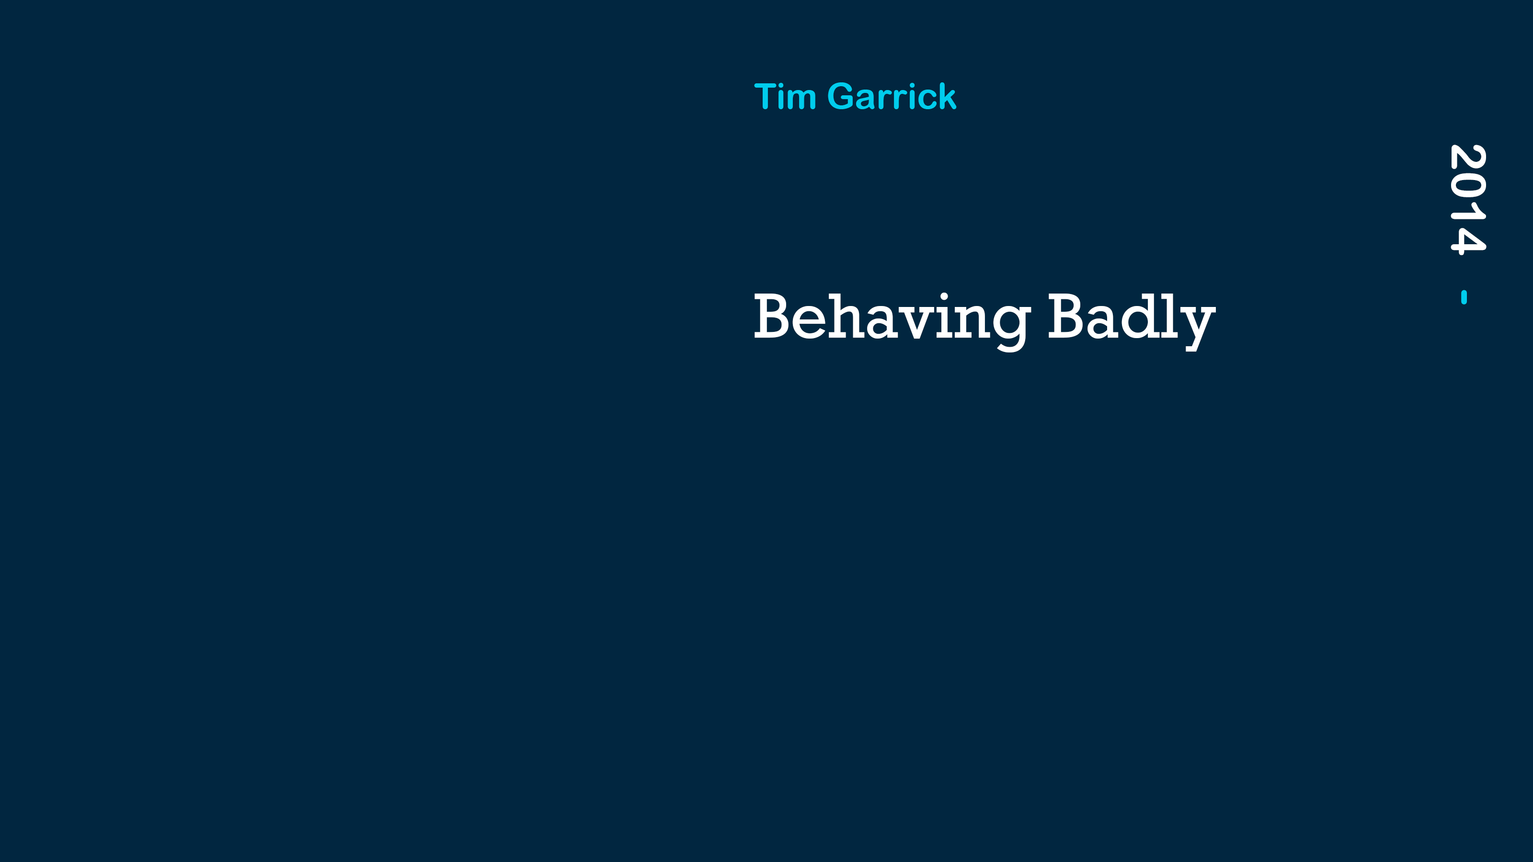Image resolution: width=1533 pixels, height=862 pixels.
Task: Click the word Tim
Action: tap(785, 96)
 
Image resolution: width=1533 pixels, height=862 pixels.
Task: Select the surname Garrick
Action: tap(892, 96)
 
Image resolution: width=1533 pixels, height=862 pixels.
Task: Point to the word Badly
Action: tap(1131, 321)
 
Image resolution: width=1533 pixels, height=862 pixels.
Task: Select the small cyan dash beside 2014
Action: tap(1464, 297)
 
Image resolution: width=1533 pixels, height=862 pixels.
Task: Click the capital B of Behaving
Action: tap(772, 317)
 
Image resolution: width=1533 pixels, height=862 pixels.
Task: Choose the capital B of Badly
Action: tap(1066, 317)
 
